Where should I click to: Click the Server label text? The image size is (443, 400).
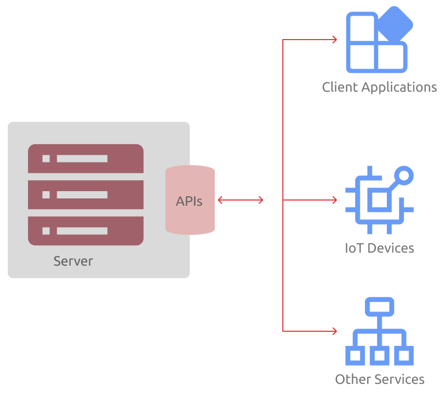click(73, 261)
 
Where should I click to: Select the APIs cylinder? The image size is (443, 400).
click(190, 201)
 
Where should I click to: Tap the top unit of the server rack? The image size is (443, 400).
click(86, 159)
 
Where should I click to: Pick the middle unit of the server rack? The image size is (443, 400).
click(86, 195)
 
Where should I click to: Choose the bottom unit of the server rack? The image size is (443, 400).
click(86, 231)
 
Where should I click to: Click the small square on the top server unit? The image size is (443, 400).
click(46, 159)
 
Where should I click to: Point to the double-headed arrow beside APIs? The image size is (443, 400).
click(240, 200)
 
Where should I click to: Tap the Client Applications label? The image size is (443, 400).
click(380, 87)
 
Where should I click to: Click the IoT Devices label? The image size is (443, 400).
click(380, 248)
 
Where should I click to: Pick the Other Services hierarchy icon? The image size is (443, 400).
click(380, 332)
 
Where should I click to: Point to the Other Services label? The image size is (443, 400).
click(380, 379)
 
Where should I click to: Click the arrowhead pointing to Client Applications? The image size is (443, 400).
click(335, 40)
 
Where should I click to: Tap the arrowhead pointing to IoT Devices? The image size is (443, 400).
click(335, 200)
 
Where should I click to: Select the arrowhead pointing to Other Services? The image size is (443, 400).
click(335, 331)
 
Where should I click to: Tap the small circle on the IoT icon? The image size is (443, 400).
click(404, 175)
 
